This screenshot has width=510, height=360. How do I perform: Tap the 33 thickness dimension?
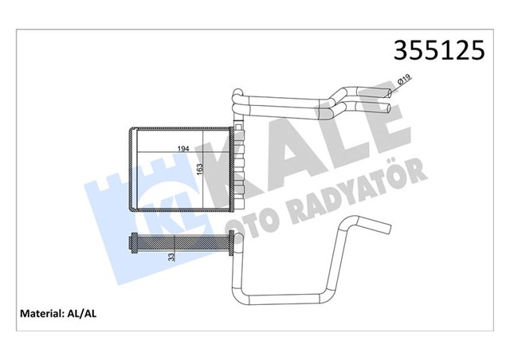(x=171, y=256)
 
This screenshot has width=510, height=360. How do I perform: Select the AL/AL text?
(x=88, y=313)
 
